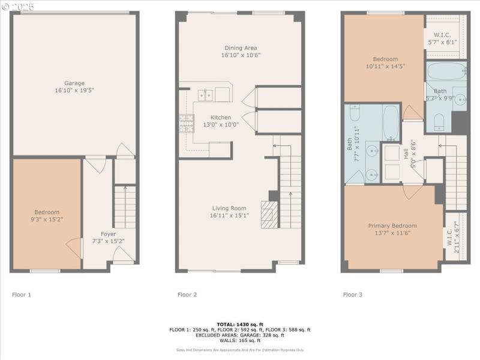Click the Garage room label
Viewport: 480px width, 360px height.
point(74,83)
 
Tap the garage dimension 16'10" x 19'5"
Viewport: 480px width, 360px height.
point(74,91)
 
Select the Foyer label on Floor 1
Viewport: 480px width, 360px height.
point(108,234)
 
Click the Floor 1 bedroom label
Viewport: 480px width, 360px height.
point(47,212)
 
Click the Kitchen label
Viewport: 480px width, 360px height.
point(220,117)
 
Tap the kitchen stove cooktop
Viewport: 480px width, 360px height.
point(186,123)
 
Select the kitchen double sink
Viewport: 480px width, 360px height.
point(205,94)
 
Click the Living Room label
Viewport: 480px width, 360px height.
point(229,208)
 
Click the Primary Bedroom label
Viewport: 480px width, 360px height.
point(392,226)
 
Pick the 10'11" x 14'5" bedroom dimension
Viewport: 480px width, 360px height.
point(385,67)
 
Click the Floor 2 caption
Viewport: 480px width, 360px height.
point(187,295)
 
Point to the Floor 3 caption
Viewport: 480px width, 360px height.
point(352,295)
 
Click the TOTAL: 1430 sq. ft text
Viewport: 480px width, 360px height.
point(239,324)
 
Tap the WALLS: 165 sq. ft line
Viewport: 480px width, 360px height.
point(239,340)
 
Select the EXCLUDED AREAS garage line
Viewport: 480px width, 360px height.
point(239,335)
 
